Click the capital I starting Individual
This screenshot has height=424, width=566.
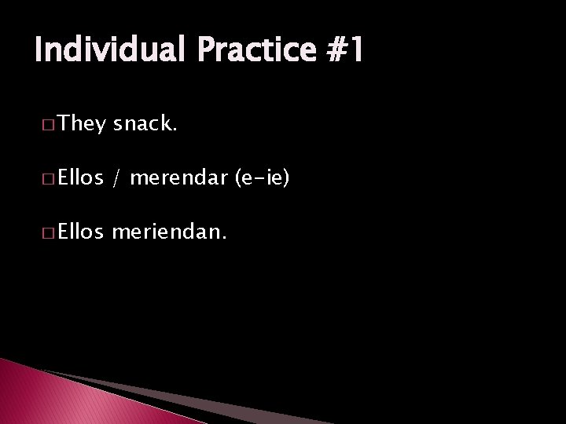39,51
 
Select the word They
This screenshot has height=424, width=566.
82,122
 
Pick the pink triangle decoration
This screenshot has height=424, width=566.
47,397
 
